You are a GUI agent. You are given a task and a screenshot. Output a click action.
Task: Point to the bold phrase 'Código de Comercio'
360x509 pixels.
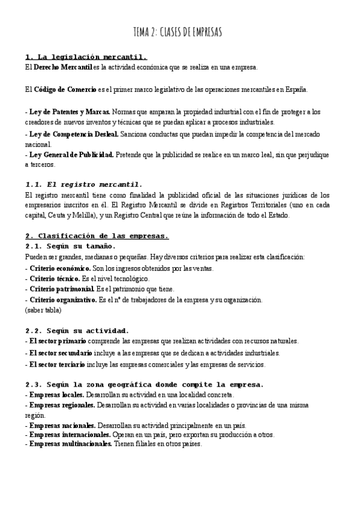tap(65, 89)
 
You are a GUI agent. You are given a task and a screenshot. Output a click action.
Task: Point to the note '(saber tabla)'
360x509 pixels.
tap(43, 310)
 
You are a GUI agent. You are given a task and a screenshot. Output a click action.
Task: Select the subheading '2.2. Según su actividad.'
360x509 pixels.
tap(77, 331)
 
